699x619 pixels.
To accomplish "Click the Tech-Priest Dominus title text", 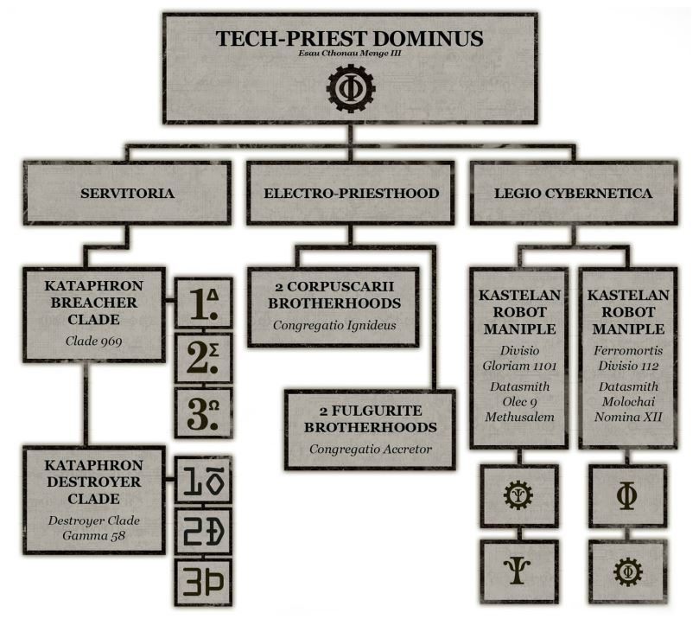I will pos(350,39).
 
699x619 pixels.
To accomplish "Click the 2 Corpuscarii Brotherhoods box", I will pos(334,306).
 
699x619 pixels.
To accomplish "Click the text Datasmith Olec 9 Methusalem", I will pos(519,404).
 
